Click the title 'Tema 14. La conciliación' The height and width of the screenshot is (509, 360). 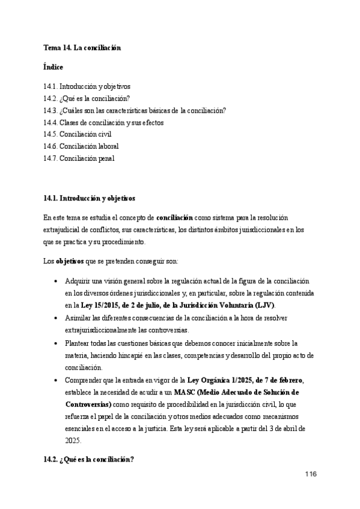pyautogui.click(x=82, y=47)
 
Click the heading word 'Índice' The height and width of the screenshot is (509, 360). pyautogui.click(x=53, y=67)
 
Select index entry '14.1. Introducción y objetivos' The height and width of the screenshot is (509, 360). pyautogui.click(x=87, y=87)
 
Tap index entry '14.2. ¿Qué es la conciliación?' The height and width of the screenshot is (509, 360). pyautogui.click(x=87, y=99)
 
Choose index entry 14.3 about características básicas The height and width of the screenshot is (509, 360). pyautogui.click(x=135, y=111)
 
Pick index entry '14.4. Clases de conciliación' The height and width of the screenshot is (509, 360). pyautogui.click(x=103, y=123)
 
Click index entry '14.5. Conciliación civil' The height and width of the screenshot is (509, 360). pyautogui.click(x=78, y=134)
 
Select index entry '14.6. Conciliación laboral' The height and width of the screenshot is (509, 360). pyautogui.click(x=81, y=146)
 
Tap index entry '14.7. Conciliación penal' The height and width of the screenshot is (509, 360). pyautogui.click(x=79, y=158)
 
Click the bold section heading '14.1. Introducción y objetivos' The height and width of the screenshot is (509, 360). pyautogui.click(x=90, y=197)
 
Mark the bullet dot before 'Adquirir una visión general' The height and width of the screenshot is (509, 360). pyautogui.click(x=56, y=282)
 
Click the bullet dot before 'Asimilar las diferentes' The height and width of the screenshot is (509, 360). pyautogui.click(x=56, y=318)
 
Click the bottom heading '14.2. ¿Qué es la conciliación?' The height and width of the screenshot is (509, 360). pyautogui.click(x=88, y=460)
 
